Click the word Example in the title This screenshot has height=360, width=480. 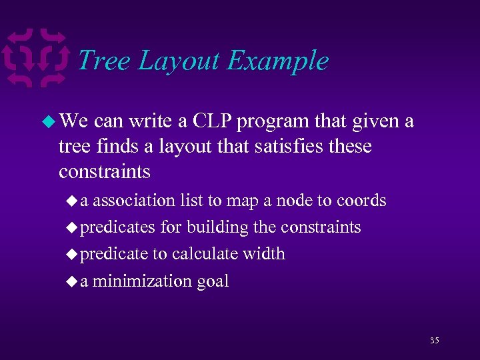click(x=277, y=61)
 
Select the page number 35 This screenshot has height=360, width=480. click(x=434, y=341)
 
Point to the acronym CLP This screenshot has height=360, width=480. click(x=213, y=121)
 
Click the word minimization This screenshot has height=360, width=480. click(x=142, y=281)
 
